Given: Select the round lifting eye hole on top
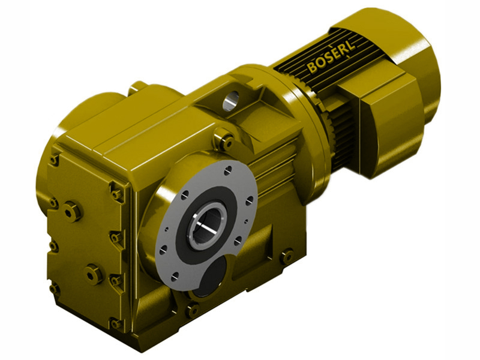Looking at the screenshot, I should [231, 100].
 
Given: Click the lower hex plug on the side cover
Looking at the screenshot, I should [94, 274].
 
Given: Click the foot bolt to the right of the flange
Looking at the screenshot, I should [287, 256].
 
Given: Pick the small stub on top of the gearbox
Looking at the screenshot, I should [140, 87].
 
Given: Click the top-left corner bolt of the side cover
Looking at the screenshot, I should [55, 159].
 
